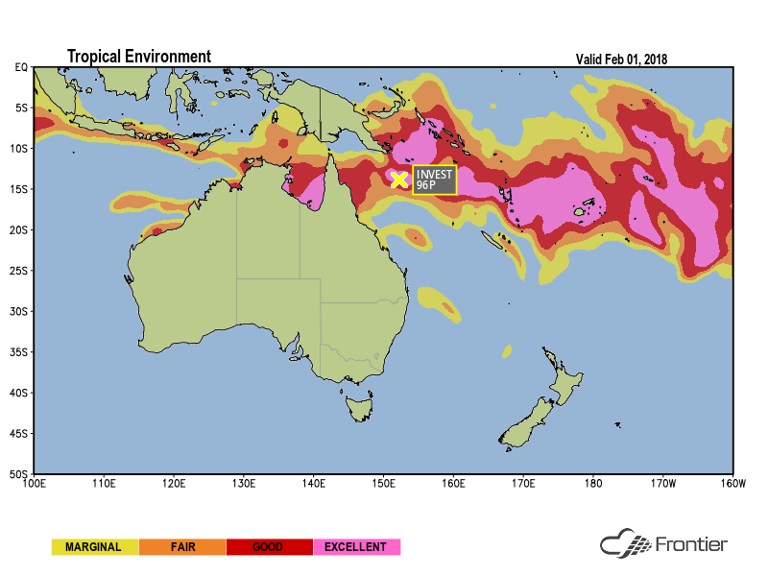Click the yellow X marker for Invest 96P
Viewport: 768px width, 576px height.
(399, 180)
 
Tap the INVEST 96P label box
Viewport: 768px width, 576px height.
(434, 180)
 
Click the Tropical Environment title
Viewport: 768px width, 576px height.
(138, 57)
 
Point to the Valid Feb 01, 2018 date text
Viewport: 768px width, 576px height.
(621, 59)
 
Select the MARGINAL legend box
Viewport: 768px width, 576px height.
(94, 547)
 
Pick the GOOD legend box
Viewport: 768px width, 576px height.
(269, 547)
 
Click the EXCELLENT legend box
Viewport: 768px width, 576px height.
(356, 547)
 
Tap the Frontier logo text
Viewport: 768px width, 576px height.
(690, 545)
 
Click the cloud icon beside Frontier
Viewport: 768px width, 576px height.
(625, 544)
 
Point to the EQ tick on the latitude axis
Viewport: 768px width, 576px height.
(21, 67)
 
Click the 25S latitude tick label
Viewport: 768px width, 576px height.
(20, 271)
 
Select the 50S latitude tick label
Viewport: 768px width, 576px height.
(20, 474)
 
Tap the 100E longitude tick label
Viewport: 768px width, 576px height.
(34, 483)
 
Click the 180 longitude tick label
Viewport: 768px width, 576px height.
(593, 483)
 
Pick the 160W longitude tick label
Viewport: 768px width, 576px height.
(732, 483)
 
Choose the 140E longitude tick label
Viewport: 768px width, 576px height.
(313, 483)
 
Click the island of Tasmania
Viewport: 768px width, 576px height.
(360, 410)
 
